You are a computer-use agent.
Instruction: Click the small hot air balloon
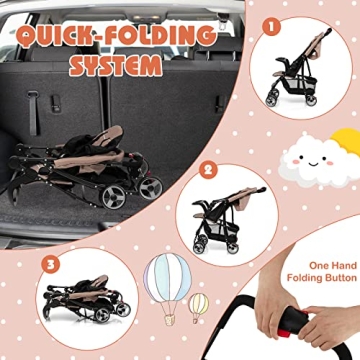[x=199, y=301]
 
